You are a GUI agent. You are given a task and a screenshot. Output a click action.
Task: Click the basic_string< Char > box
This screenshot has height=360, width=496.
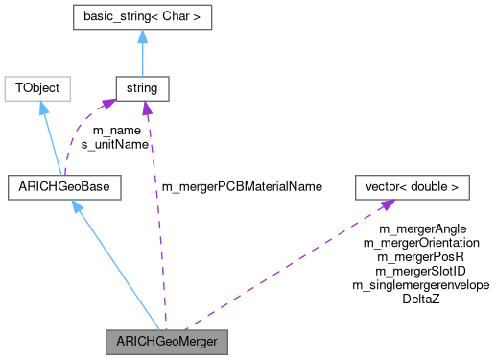click(142, 17)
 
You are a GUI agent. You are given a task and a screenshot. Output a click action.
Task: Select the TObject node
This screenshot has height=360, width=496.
click(36, 88)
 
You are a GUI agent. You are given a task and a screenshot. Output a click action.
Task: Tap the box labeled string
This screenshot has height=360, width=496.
click(142, 88)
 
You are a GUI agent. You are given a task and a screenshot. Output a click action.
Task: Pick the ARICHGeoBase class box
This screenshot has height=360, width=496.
click(64, 186)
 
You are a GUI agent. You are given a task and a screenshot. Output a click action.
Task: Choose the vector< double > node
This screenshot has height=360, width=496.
click(412, 186)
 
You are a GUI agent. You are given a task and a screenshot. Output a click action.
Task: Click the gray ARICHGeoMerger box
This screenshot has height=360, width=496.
click(168, 342)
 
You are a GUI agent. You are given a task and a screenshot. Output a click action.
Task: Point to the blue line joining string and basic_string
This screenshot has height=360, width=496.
click(142, 58)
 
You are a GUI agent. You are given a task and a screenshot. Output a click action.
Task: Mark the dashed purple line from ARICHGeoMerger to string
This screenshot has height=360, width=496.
click(156, 221)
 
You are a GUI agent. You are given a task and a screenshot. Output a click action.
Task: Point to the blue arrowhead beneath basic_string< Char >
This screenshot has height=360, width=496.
click(142, 36)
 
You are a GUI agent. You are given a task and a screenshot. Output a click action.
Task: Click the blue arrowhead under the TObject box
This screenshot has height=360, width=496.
click(41, 107)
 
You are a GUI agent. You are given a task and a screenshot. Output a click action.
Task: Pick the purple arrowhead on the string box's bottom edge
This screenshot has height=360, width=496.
click(145, 108)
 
